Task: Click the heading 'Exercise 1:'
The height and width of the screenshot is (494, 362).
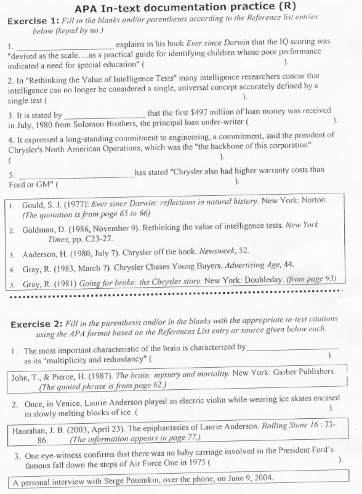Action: click(x=33, y=21)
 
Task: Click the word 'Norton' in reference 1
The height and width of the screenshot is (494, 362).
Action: click(x=313, y=201)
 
